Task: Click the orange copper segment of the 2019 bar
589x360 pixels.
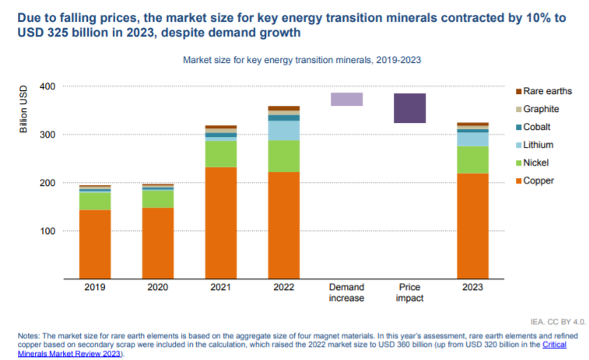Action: point(94,243)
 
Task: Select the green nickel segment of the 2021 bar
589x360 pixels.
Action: point(220,153)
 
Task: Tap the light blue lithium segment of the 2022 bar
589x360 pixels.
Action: point(283,130)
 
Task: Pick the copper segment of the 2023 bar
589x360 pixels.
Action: point(472,225)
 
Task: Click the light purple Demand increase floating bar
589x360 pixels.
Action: point(346,99)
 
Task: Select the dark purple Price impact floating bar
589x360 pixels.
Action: point(409,107)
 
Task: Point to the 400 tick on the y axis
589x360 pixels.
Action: point(47,86)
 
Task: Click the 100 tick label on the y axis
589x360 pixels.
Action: point(47,231)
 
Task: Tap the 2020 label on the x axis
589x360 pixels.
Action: point(157,287)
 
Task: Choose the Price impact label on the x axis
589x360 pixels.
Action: point(409,292)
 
